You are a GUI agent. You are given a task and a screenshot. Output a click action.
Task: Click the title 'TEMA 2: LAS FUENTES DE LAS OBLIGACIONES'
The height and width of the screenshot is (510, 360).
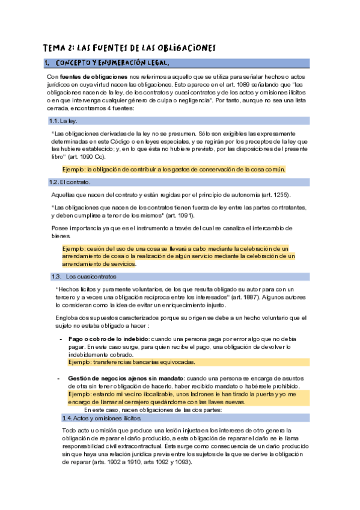pos(129,48)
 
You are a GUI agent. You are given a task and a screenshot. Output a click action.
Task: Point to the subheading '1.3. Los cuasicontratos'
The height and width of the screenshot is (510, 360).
pos(84,276)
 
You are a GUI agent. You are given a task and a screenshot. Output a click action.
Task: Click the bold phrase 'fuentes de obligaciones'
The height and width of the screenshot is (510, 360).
pos(93,78)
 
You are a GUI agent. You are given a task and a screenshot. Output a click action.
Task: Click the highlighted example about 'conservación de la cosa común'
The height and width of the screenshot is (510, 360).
pos(174,169)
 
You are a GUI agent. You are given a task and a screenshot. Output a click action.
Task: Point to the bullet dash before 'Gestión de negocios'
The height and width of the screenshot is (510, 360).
pos(59,378)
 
